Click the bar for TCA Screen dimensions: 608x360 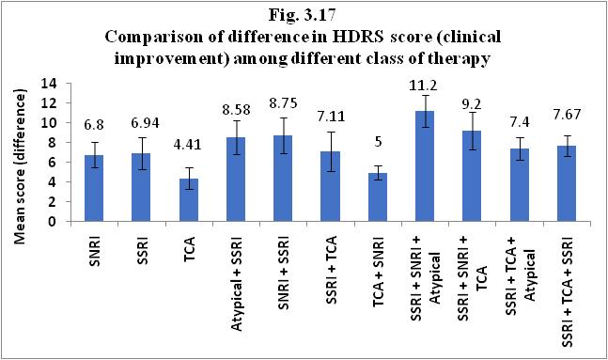point(189,200)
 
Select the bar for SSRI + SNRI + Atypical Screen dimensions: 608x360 point(425,166)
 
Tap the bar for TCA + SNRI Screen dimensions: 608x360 point(378,197)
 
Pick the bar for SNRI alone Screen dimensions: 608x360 point(94,189)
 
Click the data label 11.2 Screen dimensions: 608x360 point(425,85)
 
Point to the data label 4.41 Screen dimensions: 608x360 point(188,145)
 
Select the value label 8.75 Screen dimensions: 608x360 point(283,103)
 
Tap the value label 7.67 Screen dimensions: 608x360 point(567,115)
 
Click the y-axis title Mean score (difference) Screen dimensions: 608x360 point(20,168)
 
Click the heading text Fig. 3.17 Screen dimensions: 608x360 point(302,15)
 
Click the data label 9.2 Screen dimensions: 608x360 point(472,104)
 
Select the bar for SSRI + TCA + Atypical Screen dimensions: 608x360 point(520,185)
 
